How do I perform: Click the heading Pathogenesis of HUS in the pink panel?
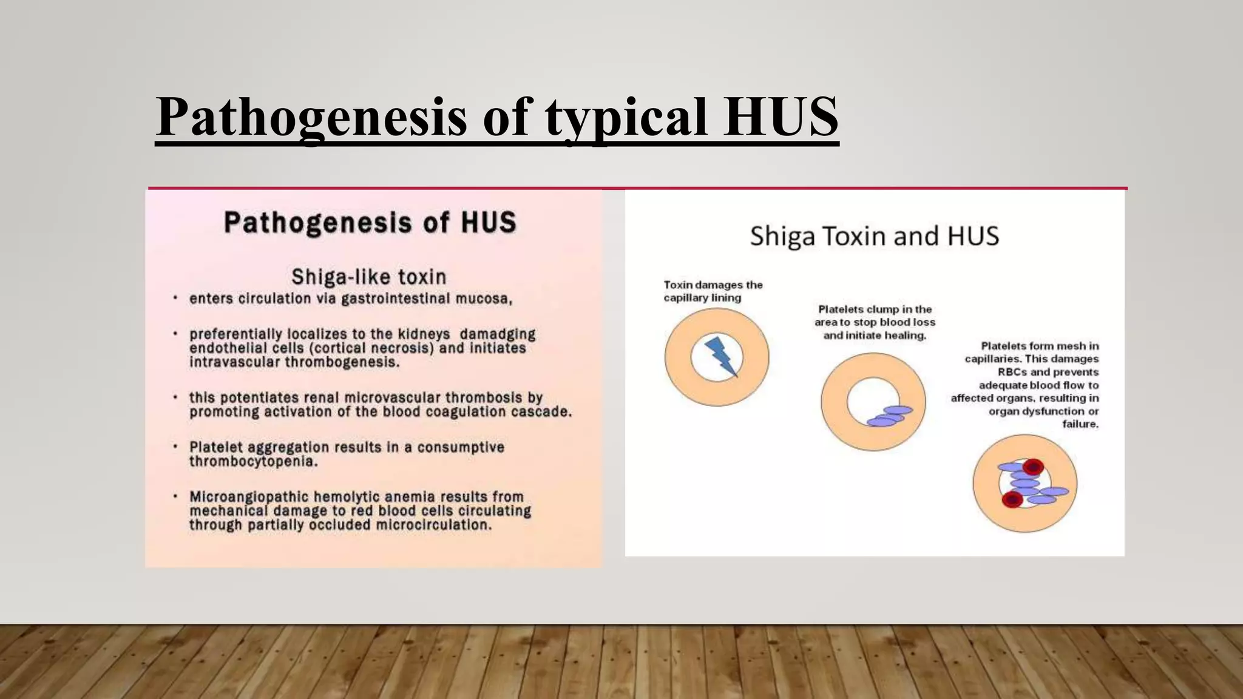(370, 222)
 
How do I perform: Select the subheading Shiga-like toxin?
(368, 277)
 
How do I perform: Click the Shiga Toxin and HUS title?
(874, 236)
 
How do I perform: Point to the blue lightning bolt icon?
(721, 356)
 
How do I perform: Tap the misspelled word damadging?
(498, 334)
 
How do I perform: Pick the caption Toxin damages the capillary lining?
(713, 291)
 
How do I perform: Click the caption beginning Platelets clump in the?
(875, 322)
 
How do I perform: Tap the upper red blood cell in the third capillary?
(1032, 467)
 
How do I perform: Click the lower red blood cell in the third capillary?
(1012, 499)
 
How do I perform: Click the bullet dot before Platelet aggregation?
(175, 447)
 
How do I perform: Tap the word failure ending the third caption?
(1080, 424)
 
